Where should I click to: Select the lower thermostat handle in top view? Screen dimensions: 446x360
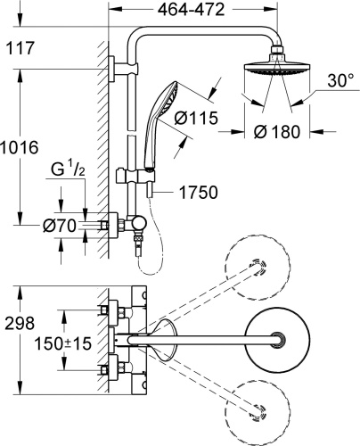pyautogui.click(x=113, y=366)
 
